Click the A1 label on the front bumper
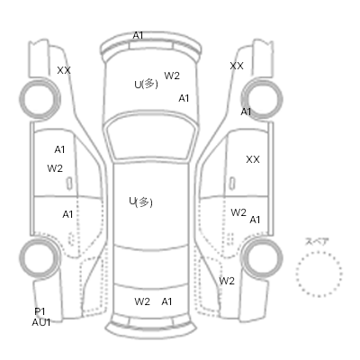point(138,35)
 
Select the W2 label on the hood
point(172,76)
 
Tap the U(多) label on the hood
point(146,84)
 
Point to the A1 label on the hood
point(184,98)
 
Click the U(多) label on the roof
point(140,202)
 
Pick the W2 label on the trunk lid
point(142,301)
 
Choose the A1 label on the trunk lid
point(166,301)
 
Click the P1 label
point(40,311)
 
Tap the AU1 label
point(41,322)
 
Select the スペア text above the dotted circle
point(318,241)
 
